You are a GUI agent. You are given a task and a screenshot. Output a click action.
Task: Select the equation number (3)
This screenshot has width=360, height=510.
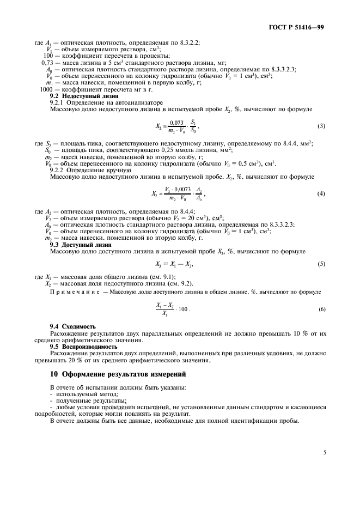[321, 126]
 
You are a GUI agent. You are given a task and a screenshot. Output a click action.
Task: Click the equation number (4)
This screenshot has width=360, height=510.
[321, 195]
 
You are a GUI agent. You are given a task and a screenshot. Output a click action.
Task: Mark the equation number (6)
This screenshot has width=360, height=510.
[321, 309]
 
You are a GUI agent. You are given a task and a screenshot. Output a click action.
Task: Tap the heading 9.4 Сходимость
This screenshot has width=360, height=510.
[69, 326]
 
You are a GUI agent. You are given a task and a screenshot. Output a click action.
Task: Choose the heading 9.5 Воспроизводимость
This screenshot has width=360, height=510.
[83, 347]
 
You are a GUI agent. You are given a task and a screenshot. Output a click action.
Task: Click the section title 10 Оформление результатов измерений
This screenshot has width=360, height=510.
[118, 374]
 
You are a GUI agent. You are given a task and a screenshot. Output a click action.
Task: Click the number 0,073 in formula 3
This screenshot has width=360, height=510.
[175, 123]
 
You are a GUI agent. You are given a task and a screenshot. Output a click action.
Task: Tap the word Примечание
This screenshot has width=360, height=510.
[75, 292]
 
